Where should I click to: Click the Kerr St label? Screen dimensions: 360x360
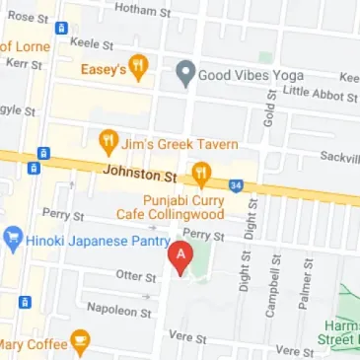[23, 64]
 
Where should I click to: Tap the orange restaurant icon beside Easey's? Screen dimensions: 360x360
[139, 67]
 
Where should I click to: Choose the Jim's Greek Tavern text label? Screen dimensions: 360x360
[180, 144]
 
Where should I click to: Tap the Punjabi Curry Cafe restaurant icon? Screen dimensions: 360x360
[203, 174]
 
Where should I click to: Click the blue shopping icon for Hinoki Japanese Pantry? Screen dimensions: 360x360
[12, 238]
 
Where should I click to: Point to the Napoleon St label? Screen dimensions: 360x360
[116, 310]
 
